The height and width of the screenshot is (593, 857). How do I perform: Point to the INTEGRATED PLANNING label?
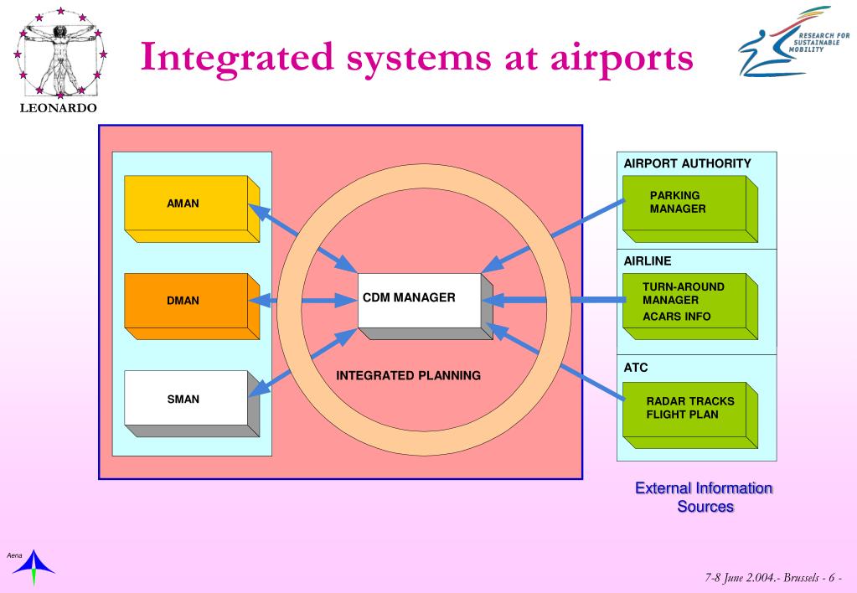click(x=408, y=375)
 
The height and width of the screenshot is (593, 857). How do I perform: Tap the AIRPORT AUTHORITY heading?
click(x=687, y=163)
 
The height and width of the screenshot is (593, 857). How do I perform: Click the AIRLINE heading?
click(x=648, y=261)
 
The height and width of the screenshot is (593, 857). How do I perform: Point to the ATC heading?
click(x=636, y=368)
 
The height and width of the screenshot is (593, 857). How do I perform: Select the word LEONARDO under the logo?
click(x=59, y=109)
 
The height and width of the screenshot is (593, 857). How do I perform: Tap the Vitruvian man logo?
click(x=59, y=53)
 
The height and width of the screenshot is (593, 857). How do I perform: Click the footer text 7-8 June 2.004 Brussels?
click(x=772, y=579)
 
